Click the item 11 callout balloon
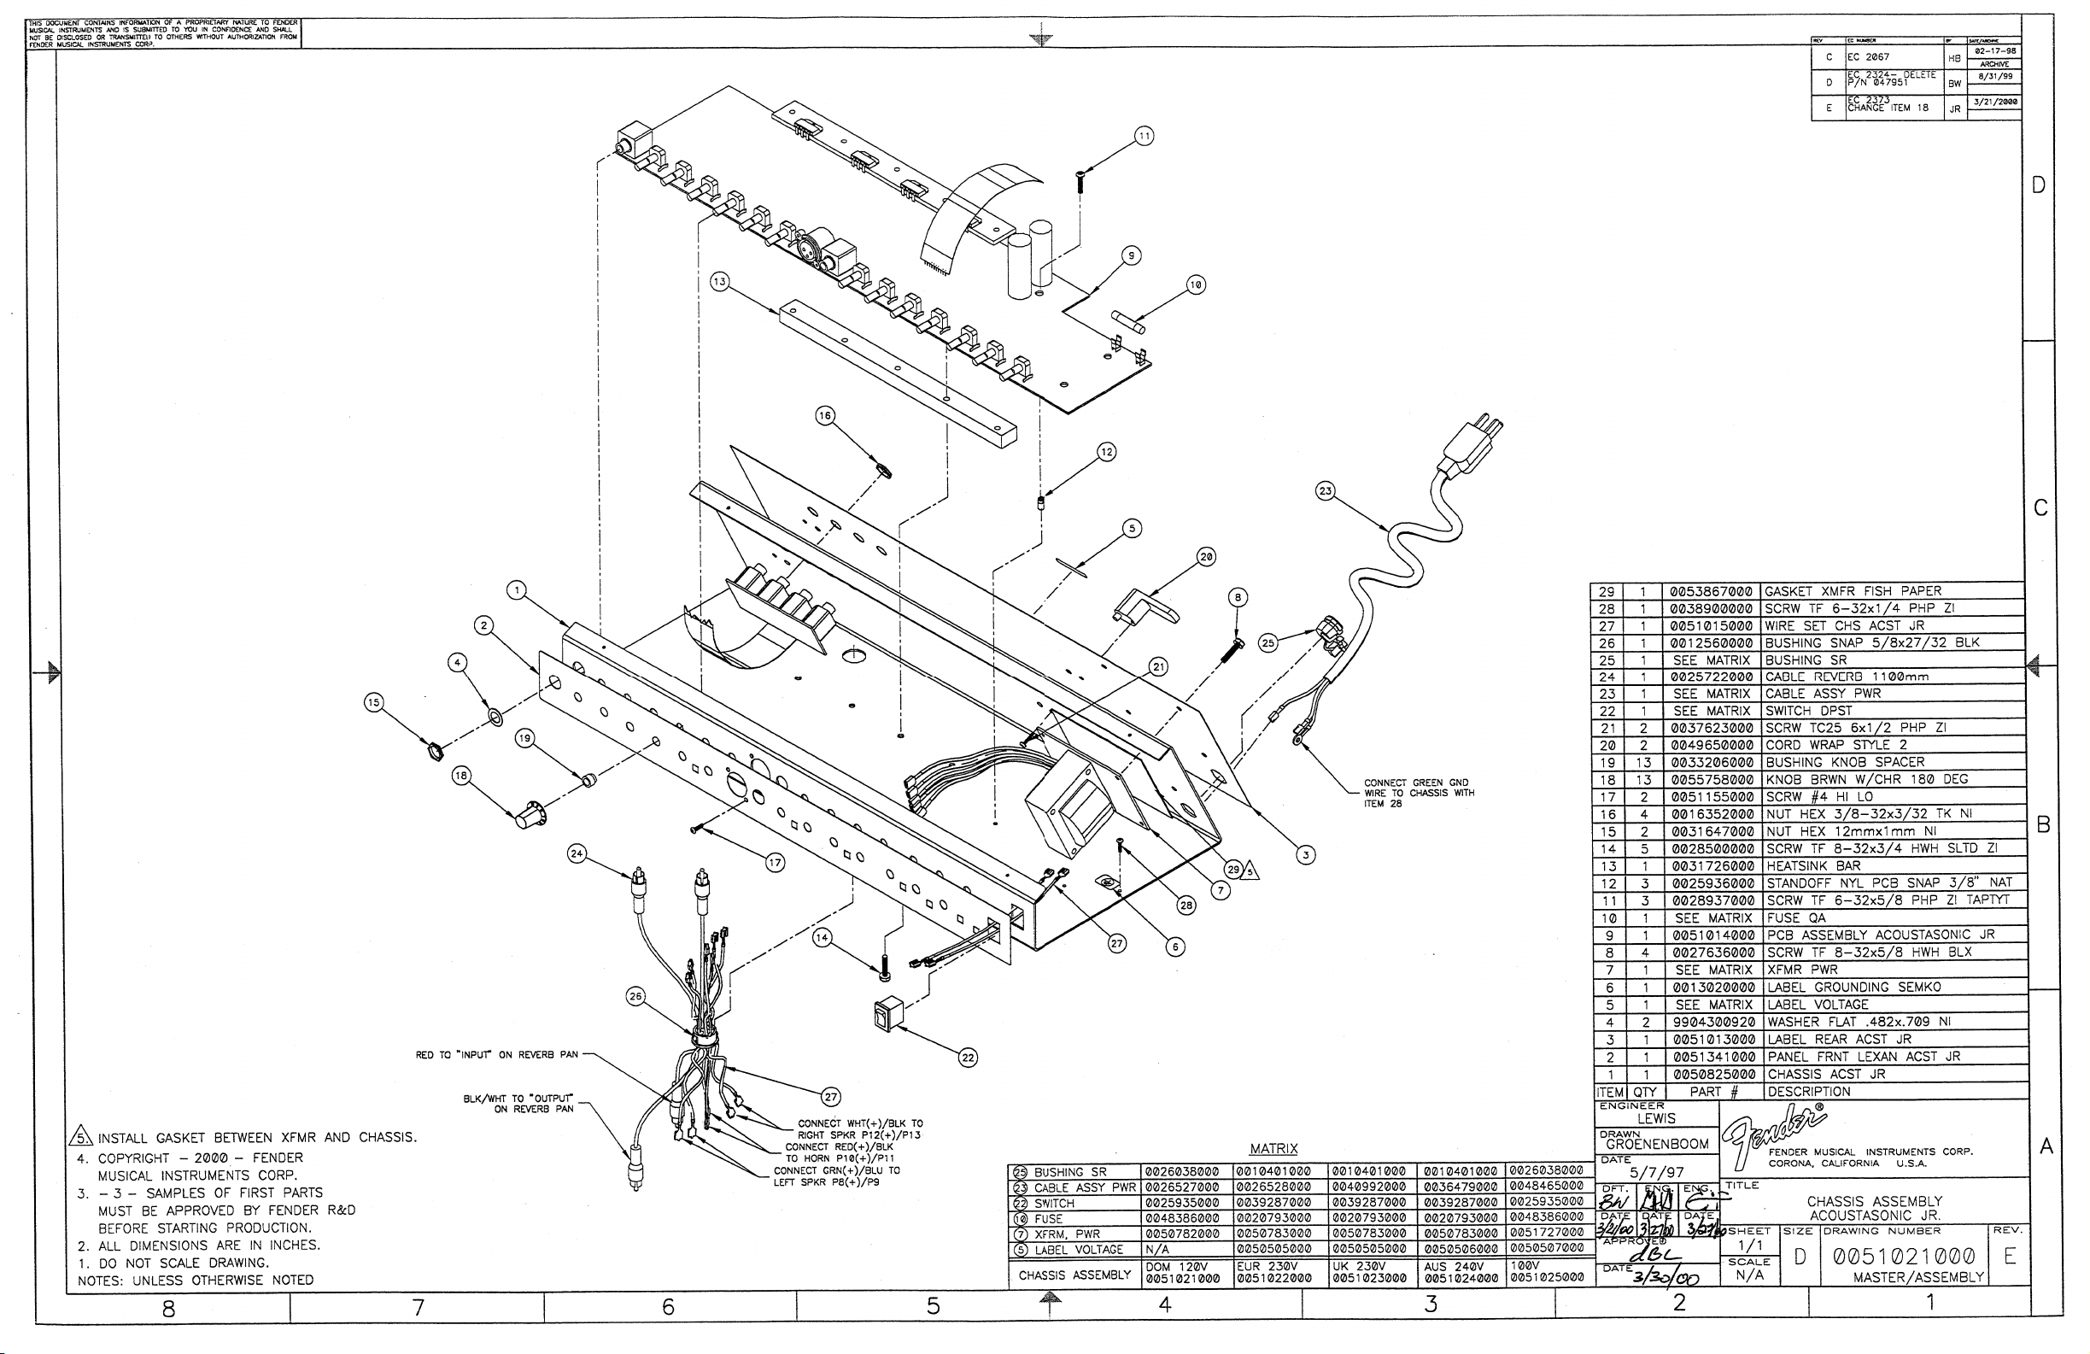(x=1144, y=136)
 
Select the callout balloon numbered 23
(x=1325, y=491)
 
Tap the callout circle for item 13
(x=720, y=282)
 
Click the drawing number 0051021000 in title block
(x=1904, y=1257)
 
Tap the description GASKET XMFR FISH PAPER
(x=1853, y=591)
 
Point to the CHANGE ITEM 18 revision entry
(x=1888, y=107)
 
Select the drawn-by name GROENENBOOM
(x=1657, y=1144)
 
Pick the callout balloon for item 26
(x=635, y=996)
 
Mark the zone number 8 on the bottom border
(x=167, y=1309)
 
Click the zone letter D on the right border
(x=2038, y=185)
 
